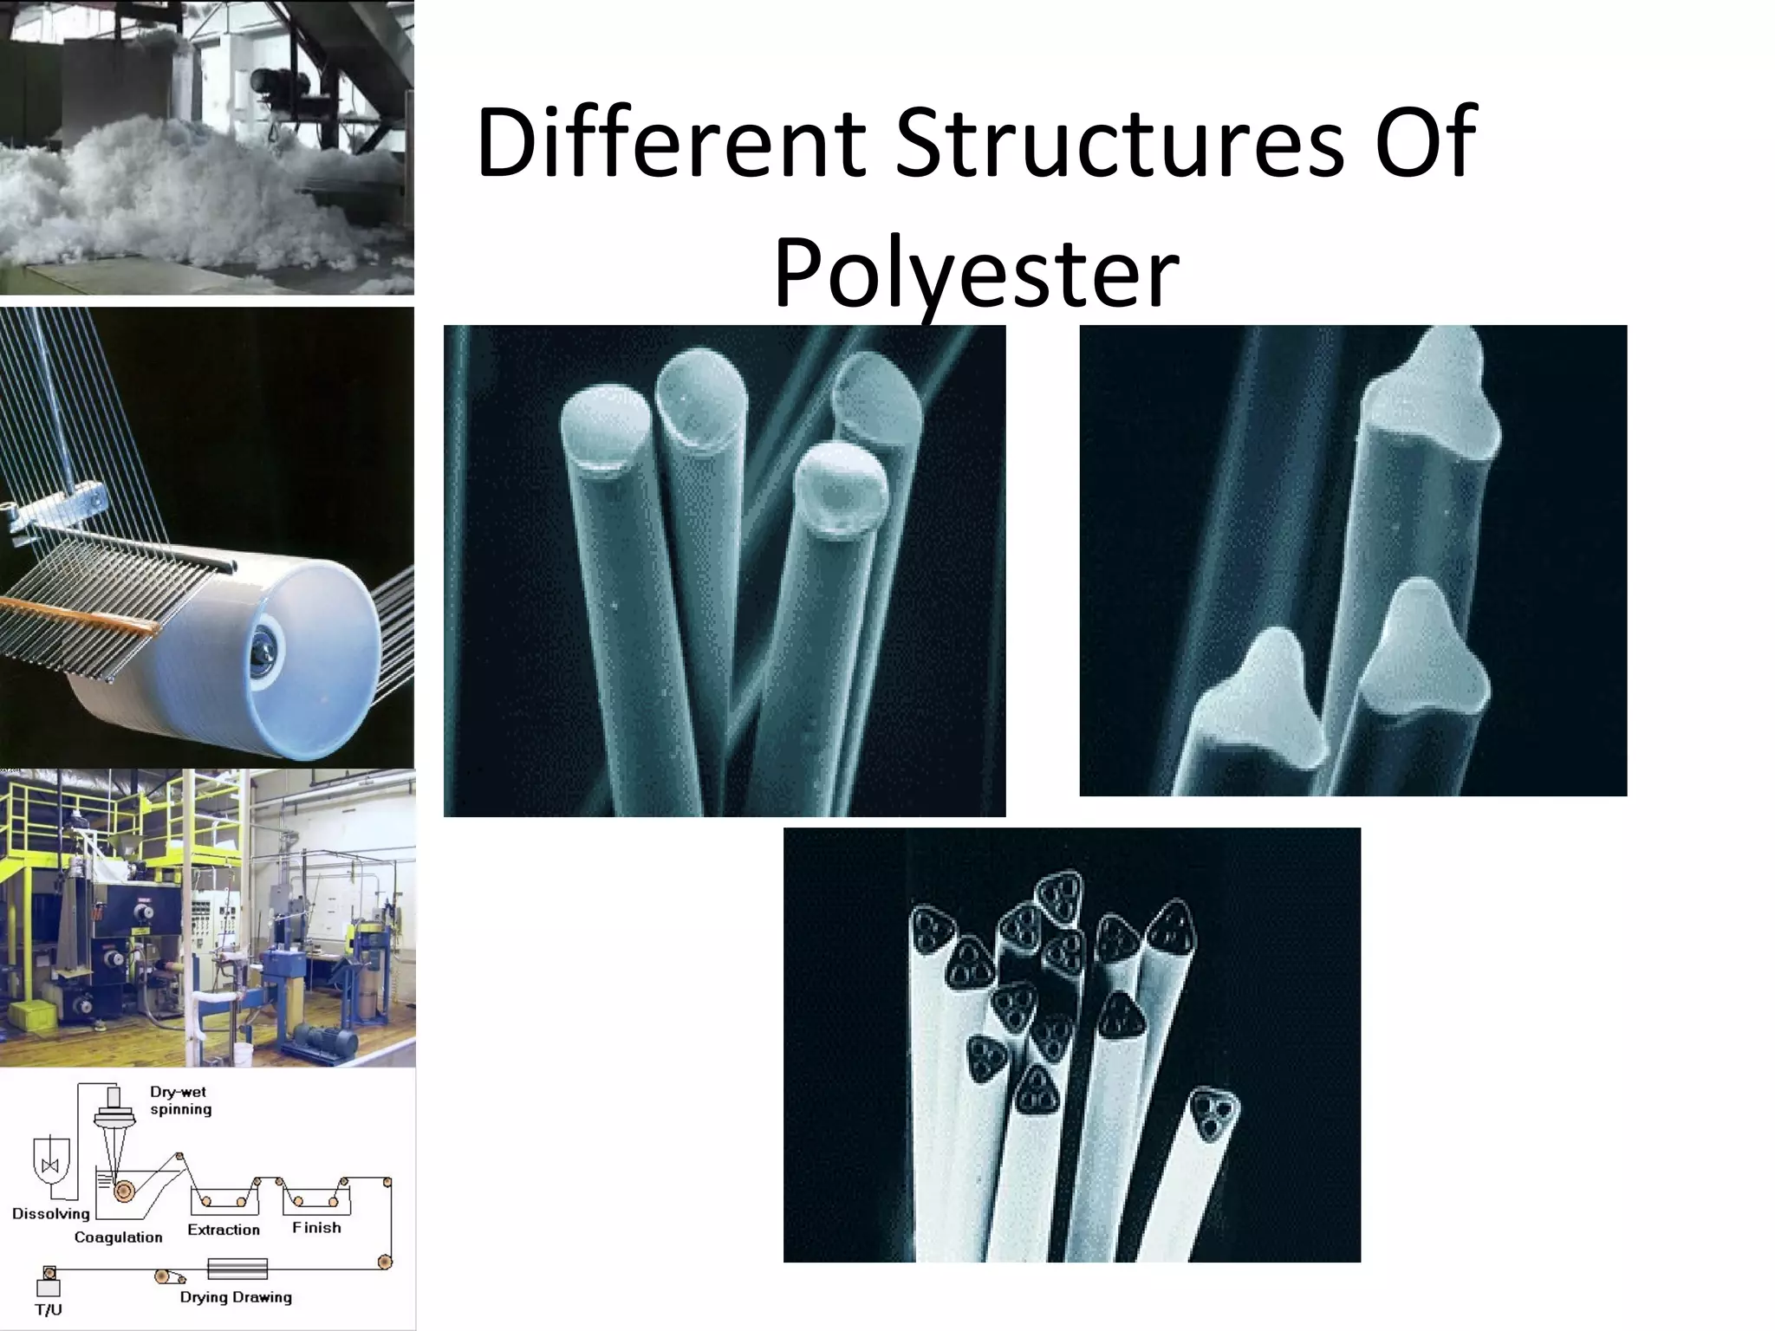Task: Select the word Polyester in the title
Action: point(975,274)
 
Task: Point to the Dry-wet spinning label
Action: point(180,1101)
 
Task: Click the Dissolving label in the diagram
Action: point(50,1214)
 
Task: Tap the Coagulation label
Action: point(118,1237)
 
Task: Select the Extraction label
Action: point(224,1230)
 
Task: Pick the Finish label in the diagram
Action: point(316,1228)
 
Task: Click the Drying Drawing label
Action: point(236,1297)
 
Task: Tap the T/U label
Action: point(49,1309)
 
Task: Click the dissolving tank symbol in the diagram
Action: point(49,1165)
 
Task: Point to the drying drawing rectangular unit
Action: point(237,1269)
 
